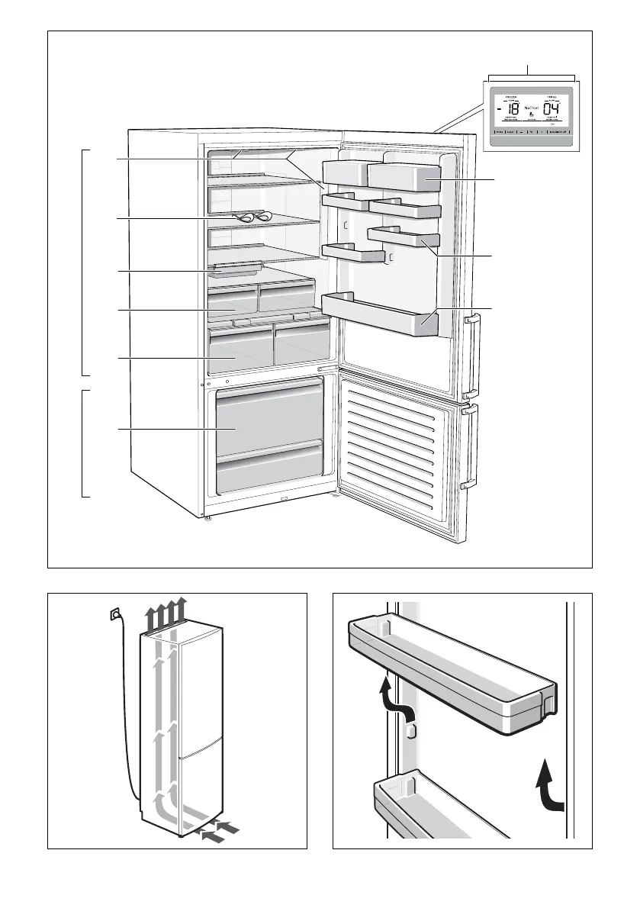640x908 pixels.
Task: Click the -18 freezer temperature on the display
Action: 512,108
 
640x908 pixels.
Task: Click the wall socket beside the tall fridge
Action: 115,613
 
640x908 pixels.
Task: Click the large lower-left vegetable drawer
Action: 240,347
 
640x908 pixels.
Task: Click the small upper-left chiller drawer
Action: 231,299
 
